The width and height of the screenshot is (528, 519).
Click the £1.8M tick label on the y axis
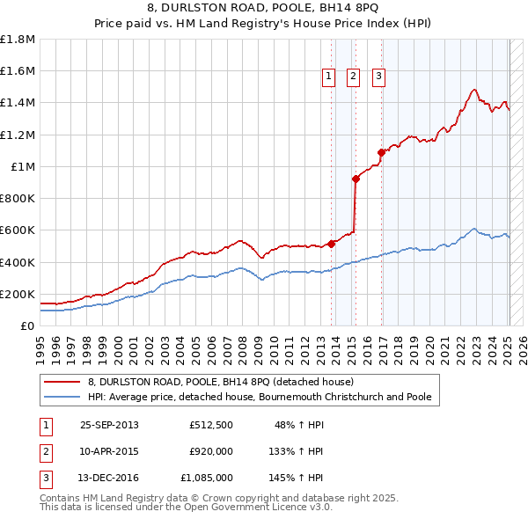coord(18,40)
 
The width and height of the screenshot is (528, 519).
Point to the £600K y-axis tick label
coord(18,230)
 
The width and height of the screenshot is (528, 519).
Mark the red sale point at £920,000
coord(356,179)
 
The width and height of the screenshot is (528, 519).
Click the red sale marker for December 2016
coord(382,153)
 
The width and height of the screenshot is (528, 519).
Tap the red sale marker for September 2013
coord(332,244)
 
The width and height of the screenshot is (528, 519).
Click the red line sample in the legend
coord(62,382)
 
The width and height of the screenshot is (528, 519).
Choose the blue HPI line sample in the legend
coord(62,397)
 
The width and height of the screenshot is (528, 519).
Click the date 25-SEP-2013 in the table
coord(110,425)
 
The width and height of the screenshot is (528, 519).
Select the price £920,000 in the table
coord(211,451)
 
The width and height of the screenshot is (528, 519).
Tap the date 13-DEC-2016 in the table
coord(110,478)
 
